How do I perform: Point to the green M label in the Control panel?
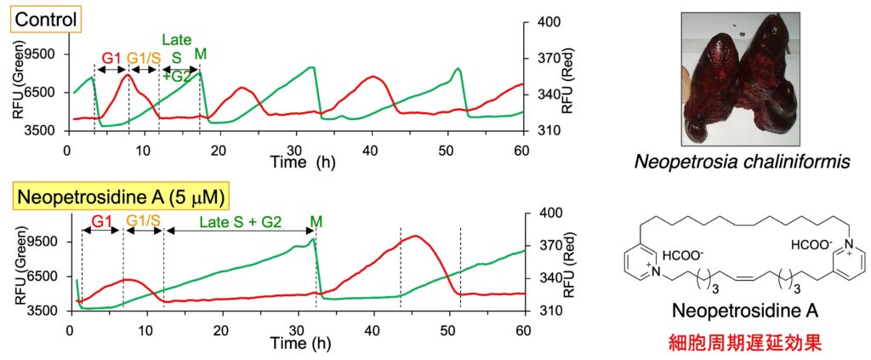(x=201, y=54)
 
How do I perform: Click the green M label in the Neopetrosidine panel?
(x=316, y=221)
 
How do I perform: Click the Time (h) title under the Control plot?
(x=302, y=161)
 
